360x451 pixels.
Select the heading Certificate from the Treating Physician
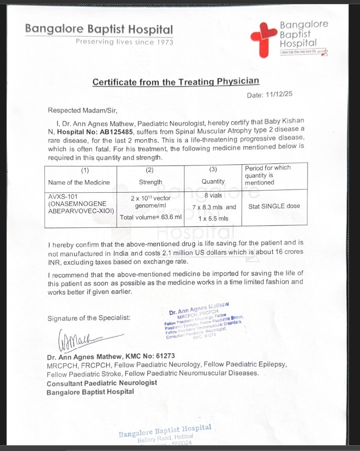point(176,82)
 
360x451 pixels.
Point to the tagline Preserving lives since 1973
point(124,42)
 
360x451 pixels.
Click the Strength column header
point(150,182)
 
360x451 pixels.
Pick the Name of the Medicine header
point(79,182)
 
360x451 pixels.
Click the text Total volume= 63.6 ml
point(151,217)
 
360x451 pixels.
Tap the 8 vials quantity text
point(213,195)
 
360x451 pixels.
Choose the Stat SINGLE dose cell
point(274,206)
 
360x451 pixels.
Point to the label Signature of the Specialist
point(89,318)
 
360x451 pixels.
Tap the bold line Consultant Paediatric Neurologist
point(101,383)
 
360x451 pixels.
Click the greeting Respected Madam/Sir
point(83,110)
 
